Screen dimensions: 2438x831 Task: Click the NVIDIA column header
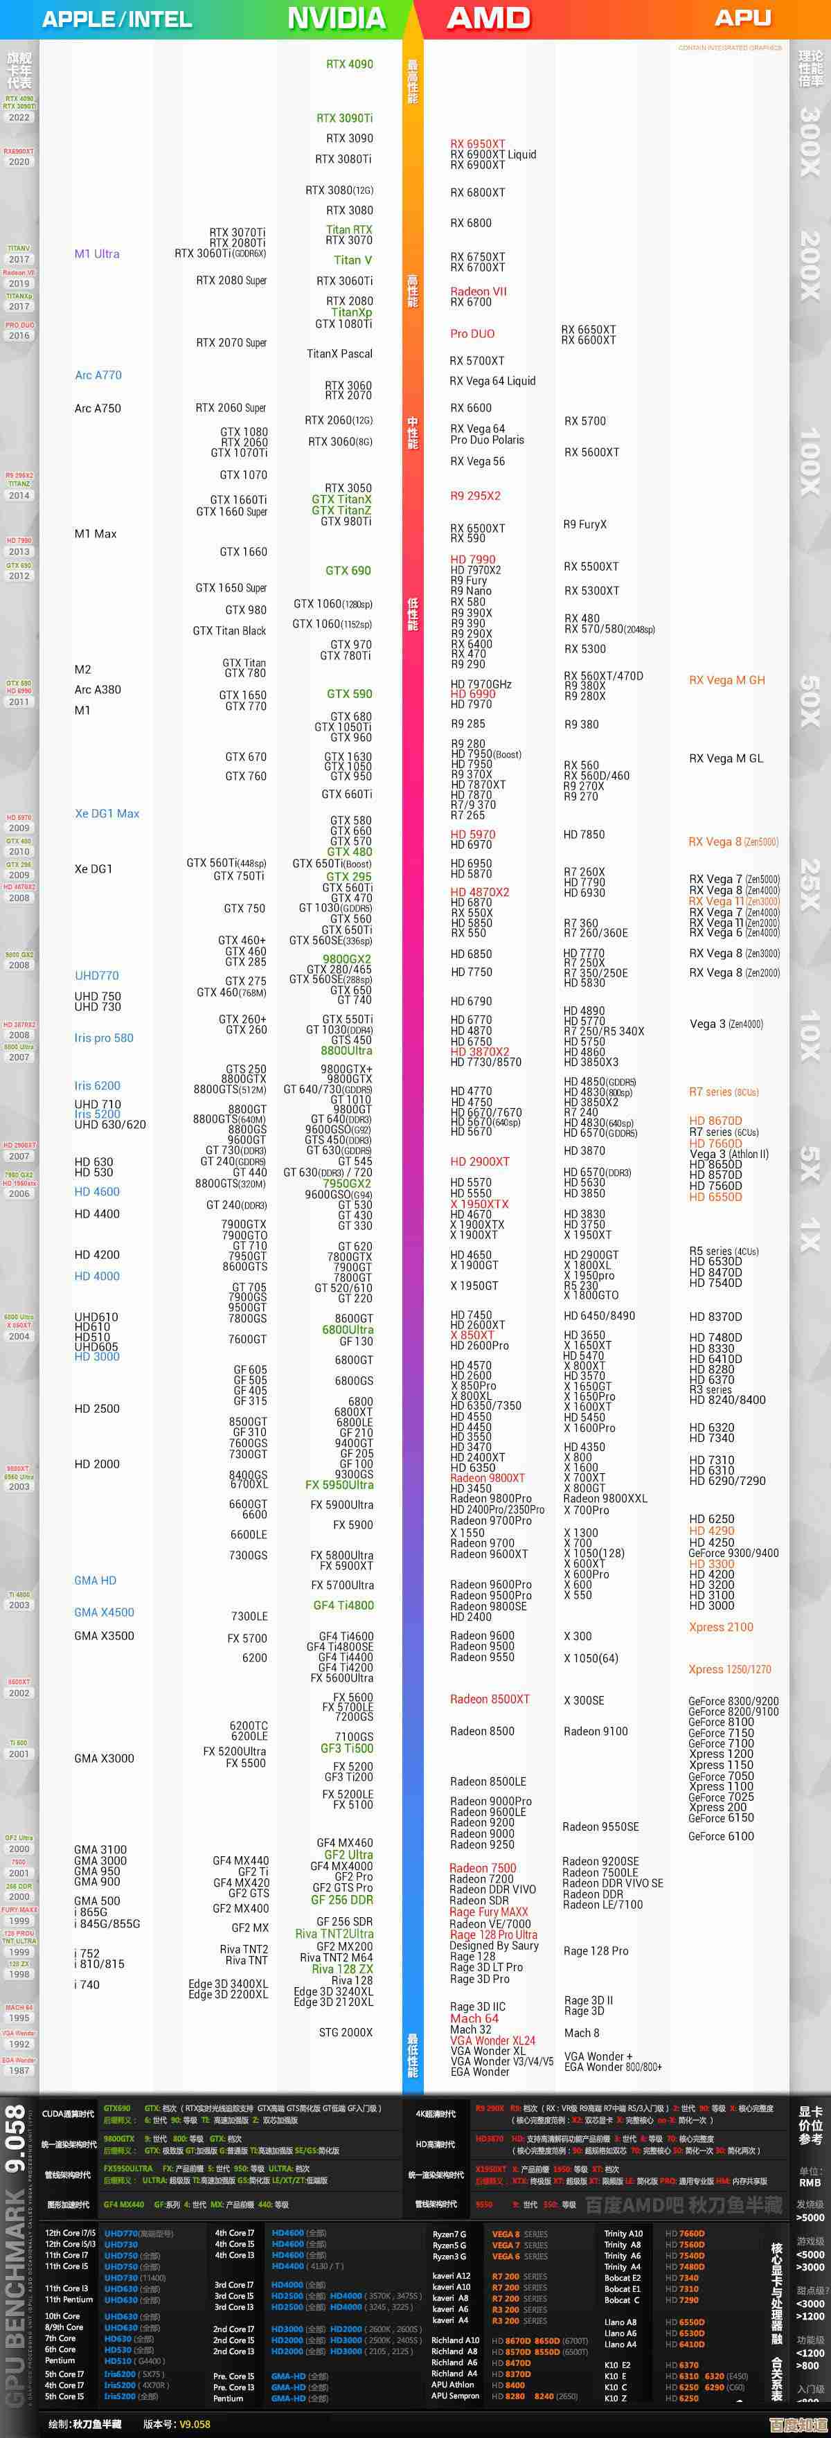(x=336, y=18)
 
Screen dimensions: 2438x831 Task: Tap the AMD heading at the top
(x=488, y=18)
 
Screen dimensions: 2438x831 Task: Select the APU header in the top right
(x=743, y=18)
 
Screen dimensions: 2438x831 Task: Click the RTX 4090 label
(x=349, y=64)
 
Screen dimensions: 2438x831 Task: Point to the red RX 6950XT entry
(x=478, y=144)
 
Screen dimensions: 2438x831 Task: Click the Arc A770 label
(x=98, y=375)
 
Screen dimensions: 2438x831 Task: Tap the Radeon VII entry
(x=478, y=292)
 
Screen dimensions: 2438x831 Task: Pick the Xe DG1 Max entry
(x=107, y=813)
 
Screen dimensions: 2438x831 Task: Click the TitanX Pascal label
(x=340, y=354)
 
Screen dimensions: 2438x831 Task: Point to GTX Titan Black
(x=229, y=630)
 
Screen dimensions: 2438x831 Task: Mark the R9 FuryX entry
(x=585, y=524)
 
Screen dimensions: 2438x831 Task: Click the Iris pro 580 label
(x=104, y=1038)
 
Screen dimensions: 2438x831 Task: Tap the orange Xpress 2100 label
(x=721, y=1627)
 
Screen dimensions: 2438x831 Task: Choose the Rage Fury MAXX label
(x=488, y=1912)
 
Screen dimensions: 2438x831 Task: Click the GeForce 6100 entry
(x=721, y=1836)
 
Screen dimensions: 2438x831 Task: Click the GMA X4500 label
(x=104, y=1612)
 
